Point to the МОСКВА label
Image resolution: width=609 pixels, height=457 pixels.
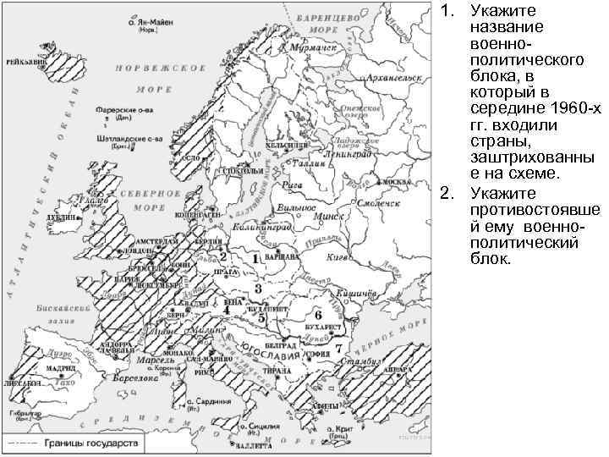click(392, 183)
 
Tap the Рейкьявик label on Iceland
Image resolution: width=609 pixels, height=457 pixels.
click(25, 62)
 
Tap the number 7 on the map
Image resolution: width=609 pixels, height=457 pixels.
click(337, 348)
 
